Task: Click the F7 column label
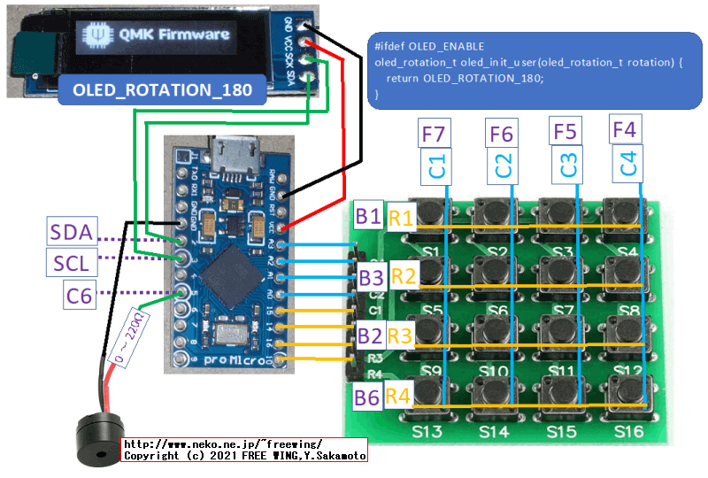[434, 135]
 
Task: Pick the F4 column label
[624, 131]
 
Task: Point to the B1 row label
[368, 216]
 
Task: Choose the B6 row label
[368, 396]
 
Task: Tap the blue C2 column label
[502, 165]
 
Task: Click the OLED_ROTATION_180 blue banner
[162, 90]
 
